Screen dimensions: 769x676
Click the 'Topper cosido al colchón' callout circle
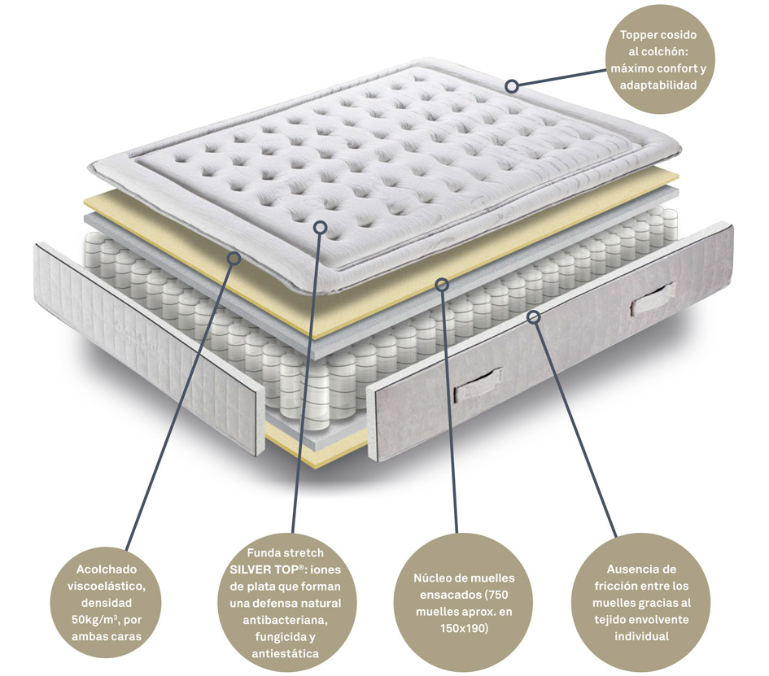[x=660, y=59]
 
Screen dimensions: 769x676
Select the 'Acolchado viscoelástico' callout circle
[x=106, y=603]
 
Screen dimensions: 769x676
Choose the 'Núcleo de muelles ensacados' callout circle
[x=464, y=603]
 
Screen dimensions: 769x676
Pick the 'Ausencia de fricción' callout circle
[x=641, y=603]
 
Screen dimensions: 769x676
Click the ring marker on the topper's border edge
[x=512, y=86]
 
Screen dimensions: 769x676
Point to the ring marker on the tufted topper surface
[x=320, y=227]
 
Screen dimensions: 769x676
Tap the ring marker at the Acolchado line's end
[x=234, y=259]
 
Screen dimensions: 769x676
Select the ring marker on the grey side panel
[x=534, y=317]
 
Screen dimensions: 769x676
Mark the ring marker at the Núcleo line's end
[x=443, y=285]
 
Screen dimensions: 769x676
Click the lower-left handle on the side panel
[x=478, y=385]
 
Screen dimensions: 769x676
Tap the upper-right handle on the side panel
[x=653, y=299]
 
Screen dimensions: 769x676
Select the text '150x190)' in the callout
[x=464, y=628]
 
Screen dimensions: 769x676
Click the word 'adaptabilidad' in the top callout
[x=658, y=85]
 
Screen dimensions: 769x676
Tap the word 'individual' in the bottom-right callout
[x=641, y=636]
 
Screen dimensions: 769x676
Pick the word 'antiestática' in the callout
[x=286, y=653]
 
